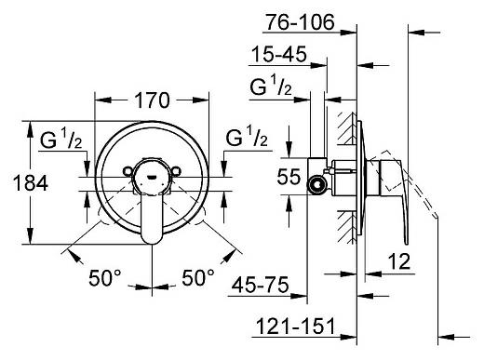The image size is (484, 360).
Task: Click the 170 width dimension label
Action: pos(152,100)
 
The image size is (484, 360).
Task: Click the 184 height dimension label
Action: pos(31,183)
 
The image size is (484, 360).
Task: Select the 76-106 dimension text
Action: pos(301,22)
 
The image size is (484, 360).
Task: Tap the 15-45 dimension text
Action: pos(278,55)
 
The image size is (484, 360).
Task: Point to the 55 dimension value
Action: pos(289,177)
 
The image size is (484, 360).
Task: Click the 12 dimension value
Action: pos(399,261)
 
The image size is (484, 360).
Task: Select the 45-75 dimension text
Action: pos(260,285)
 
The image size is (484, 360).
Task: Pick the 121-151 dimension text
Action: pos(295,326)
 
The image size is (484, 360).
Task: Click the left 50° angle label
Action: pos(104,278)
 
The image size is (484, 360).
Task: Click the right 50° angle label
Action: pos(198,278)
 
